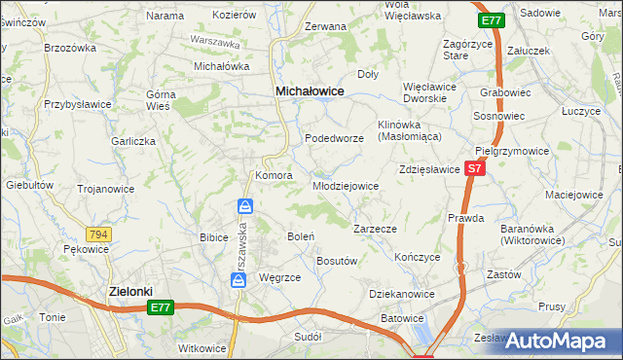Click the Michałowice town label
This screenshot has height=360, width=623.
coord(310,90)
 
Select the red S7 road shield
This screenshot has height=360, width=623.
coord(473,168)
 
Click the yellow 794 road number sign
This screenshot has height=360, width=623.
coord(97,234)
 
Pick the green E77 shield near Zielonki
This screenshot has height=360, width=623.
coord(162,307)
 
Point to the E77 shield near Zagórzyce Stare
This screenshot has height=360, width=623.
coord(492,19)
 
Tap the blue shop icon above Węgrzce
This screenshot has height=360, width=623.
coord(238,279)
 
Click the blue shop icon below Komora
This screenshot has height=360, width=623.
coord(245,206)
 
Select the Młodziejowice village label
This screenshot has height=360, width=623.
coord(345,186)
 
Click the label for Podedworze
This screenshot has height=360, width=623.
coord(334,139)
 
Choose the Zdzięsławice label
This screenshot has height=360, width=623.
coord(428,169)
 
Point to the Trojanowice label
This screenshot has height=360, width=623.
coord(104,189)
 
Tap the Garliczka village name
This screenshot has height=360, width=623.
coord(133,141)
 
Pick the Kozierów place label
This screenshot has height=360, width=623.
coord(234,16)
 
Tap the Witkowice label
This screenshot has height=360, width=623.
coord(202,348)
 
